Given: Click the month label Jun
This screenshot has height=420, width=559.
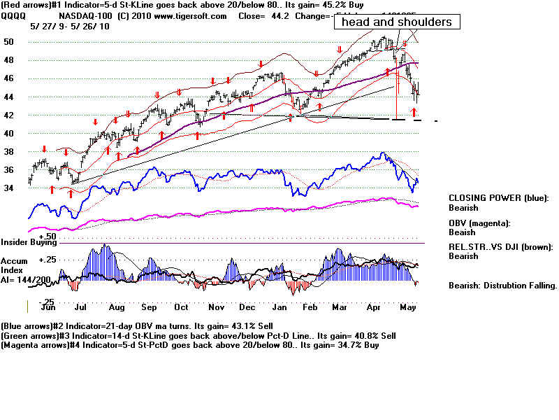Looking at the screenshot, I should (49, 307).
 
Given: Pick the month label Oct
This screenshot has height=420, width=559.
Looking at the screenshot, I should (181, 307).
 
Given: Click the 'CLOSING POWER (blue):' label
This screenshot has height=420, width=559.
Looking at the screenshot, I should (498, 198).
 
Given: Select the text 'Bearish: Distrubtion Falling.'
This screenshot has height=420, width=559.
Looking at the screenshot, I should (502, 285).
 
